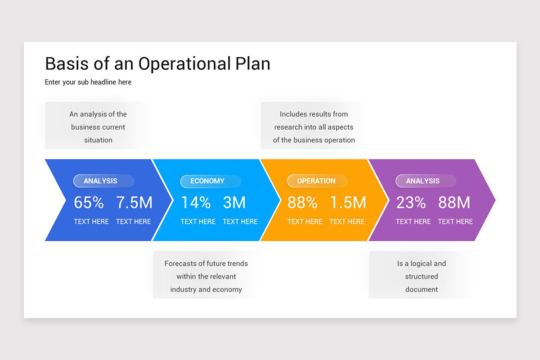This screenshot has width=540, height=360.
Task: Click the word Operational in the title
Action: click(184, 64)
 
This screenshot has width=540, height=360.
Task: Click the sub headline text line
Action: click(88, 82)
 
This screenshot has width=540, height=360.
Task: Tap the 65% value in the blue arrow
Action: click(89, 203)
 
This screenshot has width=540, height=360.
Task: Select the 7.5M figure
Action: click(134, 203)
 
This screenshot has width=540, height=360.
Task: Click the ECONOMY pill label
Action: click(207, 181)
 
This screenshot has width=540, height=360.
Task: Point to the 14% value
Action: click(196, 203)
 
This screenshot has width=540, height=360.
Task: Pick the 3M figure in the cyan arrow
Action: click(234, 203)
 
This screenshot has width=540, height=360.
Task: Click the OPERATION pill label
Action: click(316, 181)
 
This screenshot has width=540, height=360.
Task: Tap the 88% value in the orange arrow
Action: click(302, 203)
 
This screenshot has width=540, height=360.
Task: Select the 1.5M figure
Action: click(348, 203)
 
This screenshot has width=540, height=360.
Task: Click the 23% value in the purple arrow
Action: click(411, 203)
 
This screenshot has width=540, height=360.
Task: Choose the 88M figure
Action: click(454, 203)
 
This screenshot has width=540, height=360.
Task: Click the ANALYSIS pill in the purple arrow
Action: click(423, 181)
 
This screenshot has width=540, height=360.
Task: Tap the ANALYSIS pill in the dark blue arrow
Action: click(100, 181)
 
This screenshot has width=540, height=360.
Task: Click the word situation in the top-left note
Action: click(98, 140)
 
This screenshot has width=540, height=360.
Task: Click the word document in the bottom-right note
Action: click(422, 289)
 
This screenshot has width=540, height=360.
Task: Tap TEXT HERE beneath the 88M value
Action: click(455, 221)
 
